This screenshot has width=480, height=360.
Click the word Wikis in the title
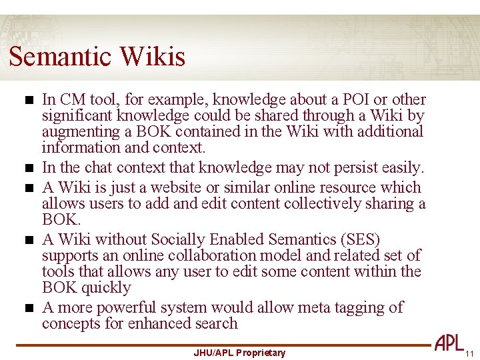click(x=153, y=57)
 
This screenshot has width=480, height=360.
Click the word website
click(x=200, y=187)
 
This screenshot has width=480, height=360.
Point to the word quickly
click(x=106, y=287)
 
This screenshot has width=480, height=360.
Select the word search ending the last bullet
click(x=216, y=323)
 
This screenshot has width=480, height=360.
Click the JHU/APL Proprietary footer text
click(x=239, y=353)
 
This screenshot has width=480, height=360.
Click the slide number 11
click(x=469, y=353)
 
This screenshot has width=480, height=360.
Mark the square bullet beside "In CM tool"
click(x=27, y=101)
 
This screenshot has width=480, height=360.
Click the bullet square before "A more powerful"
click(x=27, y=309)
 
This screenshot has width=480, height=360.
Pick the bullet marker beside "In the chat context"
click(x=27, y=168)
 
